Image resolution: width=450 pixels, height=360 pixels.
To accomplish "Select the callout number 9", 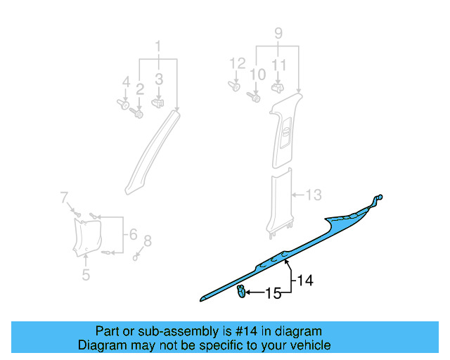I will (278, 33).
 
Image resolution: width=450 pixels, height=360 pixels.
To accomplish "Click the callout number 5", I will (132, 233).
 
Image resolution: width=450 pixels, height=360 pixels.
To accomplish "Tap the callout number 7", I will (146, 242).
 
